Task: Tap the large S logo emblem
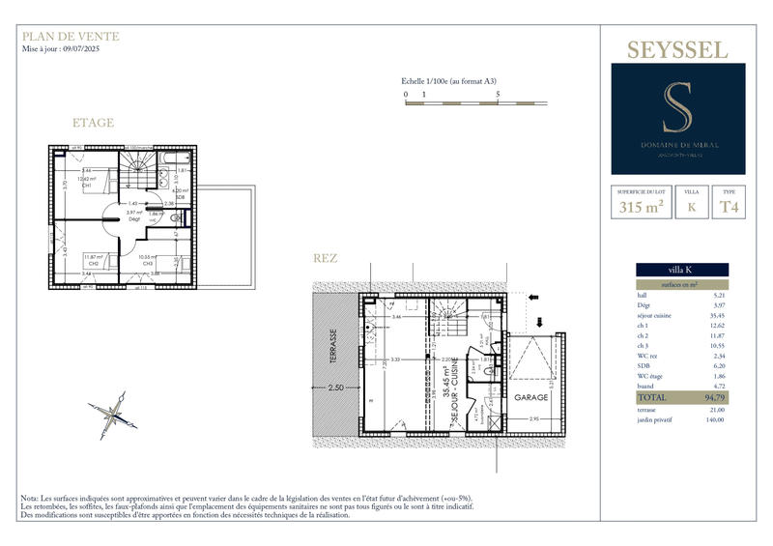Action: [x=670, y=109]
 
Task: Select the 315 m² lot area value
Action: [x=639, y=206]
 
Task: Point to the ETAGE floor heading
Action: [x=93, y=123]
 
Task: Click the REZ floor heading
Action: [x=325, y=258]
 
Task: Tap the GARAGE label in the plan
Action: [x=531, y=397]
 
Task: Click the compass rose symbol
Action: [x=116, y=414]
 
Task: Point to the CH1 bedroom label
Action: [x=86, y=185]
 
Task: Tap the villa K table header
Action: [x=682, y=270]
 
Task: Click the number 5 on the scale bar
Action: [x=498, y=95]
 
